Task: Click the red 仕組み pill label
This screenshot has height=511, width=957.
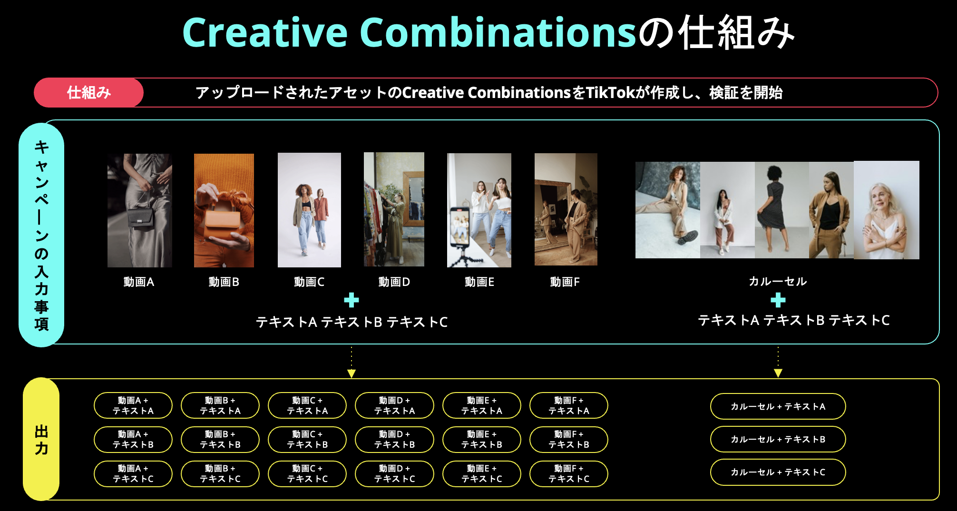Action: coord(89,92)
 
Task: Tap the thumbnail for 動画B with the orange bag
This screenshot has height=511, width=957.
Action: coord(224,210)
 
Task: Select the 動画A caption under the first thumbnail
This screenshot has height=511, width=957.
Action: coord(138,282)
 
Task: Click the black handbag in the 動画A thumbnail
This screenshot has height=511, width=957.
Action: coord(141,218)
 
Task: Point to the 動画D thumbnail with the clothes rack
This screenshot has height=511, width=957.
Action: coord(394,209)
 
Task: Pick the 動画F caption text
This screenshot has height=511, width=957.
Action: coord(565,282)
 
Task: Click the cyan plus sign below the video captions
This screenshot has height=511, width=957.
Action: coord(352,300)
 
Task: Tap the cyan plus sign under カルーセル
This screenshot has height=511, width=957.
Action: coord(778,300)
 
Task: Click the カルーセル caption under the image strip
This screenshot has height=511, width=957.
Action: coord(778,281)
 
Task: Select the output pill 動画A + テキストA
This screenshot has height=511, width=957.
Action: coord(133,405)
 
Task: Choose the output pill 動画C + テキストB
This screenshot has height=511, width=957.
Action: coord(307,440)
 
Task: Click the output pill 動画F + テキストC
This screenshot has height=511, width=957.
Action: coord(569,474)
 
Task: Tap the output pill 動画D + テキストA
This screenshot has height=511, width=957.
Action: coord(394,405)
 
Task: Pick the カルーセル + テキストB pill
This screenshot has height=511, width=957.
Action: coord(778,439)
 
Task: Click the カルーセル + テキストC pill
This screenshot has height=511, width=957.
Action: coord(778,472)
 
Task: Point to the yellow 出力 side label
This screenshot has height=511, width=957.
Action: coord(41,440)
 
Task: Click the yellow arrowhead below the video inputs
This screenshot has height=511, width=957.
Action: coord(352,373)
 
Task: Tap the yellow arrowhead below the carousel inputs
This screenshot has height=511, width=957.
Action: coord(778,373)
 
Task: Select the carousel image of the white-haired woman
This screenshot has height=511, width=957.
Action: coord(886,210)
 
